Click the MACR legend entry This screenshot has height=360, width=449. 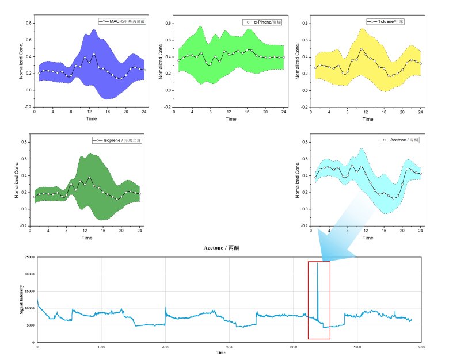tap(122, 21)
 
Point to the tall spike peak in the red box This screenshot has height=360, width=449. tap(317, 263)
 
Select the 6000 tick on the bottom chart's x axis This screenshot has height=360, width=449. tap(421, 347)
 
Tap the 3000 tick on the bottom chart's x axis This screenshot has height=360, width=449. tap(229, 347)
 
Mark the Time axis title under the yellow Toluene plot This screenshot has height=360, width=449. tap(366, 119)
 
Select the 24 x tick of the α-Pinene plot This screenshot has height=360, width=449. tap(283, 112)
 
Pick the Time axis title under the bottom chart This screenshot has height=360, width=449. tap(221, 353)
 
